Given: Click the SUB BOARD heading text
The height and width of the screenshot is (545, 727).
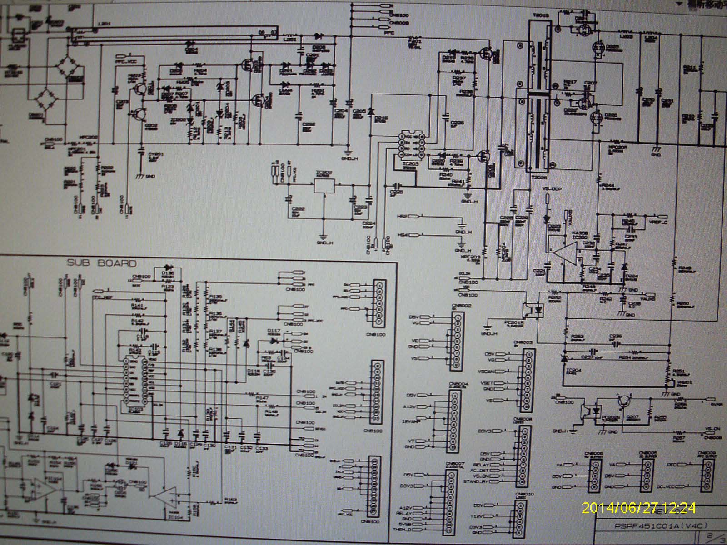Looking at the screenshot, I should [101, 263].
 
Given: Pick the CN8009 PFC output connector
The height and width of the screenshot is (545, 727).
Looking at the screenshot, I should [707, 475].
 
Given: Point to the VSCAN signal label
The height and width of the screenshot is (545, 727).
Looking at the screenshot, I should [487, 371].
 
